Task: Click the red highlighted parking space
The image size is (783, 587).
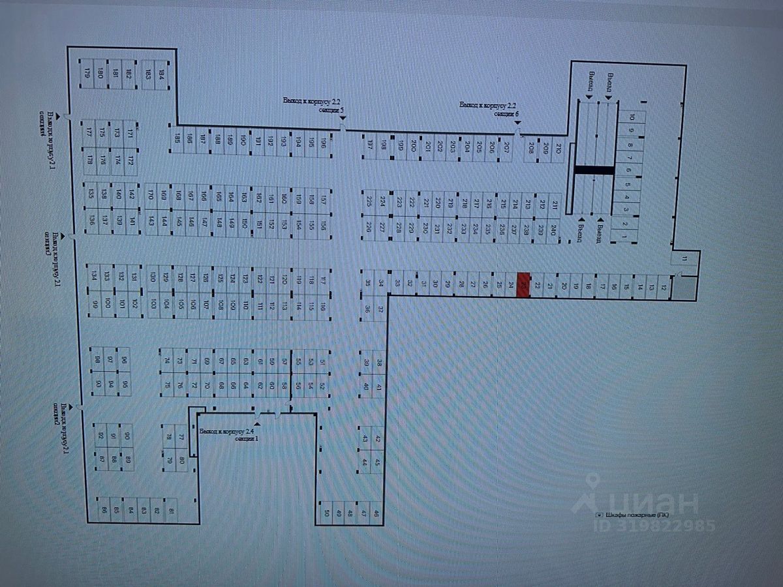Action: (523, 285)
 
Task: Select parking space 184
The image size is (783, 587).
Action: (161, 74)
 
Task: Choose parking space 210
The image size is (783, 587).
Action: (559, 148)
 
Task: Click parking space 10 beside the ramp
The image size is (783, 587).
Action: (632, 118)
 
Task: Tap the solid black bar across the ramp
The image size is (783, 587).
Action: (594, 170)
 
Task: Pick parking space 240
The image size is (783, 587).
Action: (553, 229)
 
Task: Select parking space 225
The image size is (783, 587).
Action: (369, 201)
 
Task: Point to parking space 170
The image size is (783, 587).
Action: (151, 195)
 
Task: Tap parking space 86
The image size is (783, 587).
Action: (102, 509)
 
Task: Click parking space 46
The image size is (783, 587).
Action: (376, 513)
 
